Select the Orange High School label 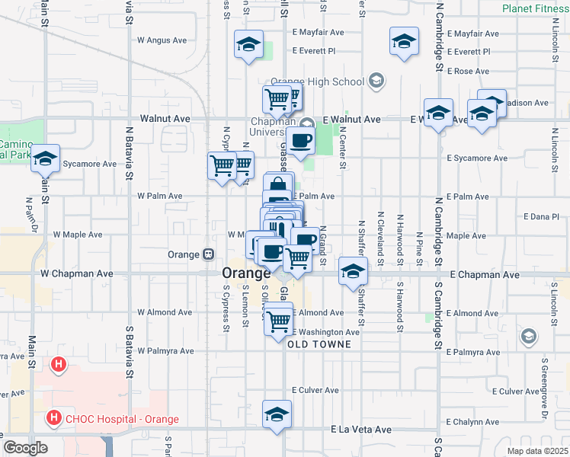(x=318, y=81)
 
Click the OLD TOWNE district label (x=319, y=344)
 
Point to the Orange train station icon (x=207, y=254)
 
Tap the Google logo (x=25, y=448)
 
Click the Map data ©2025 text (x=536, y=451)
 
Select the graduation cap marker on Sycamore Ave (x=45, y=159)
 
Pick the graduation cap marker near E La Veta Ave (x=277, y=414)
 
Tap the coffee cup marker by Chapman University (x=300, y=139)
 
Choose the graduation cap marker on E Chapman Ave (x=353, y=271)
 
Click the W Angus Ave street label (x=162, y=40)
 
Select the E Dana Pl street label (x=542, y=217)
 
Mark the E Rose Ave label (x=468, y=71)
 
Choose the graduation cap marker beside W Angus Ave (x=248, y=45)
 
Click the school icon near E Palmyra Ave (x=527, y=336)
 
